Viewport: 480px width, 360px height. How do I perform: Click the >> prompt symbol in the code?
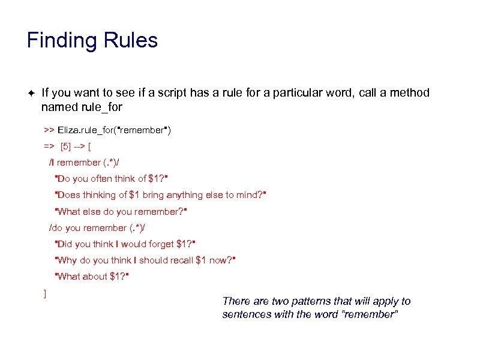49,130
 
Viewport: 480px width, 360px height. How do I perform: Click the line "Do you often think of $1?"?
110,178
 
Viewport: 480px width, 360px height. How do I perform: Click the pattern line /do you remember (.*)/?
97,227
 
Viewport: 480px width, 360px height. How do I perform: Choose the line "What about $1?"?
92,276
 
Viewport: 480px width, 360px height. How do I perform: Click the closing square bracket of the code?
45,293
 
